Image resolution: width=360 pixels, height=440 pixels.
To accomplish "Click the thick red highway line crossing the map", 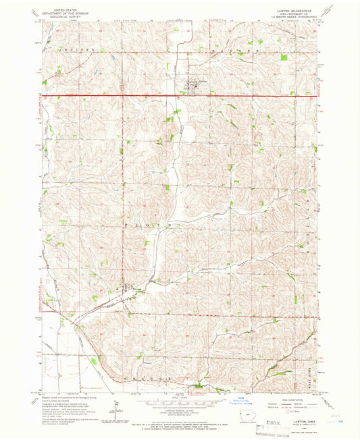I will point(135,97).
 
